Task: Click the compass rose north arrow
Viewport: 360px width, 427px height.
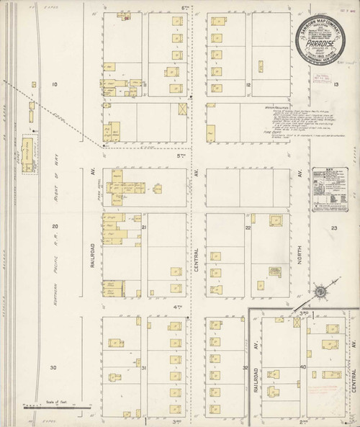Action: [322, 292]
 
